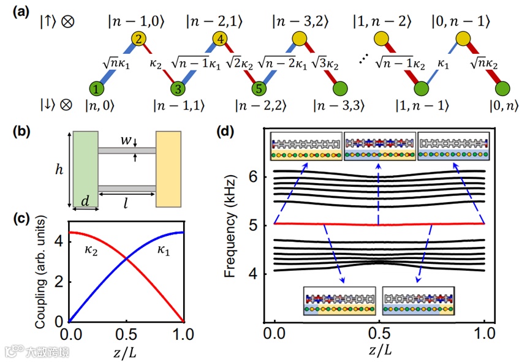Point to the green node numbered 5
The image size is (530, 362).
(x=260, y=88)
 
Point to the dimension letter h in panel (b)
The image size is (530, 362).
(x=61, y=170)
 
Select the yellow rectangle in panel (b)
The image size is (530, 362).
(x=168, y=168)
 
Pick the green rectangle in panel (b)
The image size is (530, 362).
(x=85, y=168)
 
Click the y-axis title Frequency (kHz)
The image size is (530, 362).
(x=230, y=225)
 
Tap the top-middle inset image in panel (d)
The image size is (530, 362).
(x=379, y=148)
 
